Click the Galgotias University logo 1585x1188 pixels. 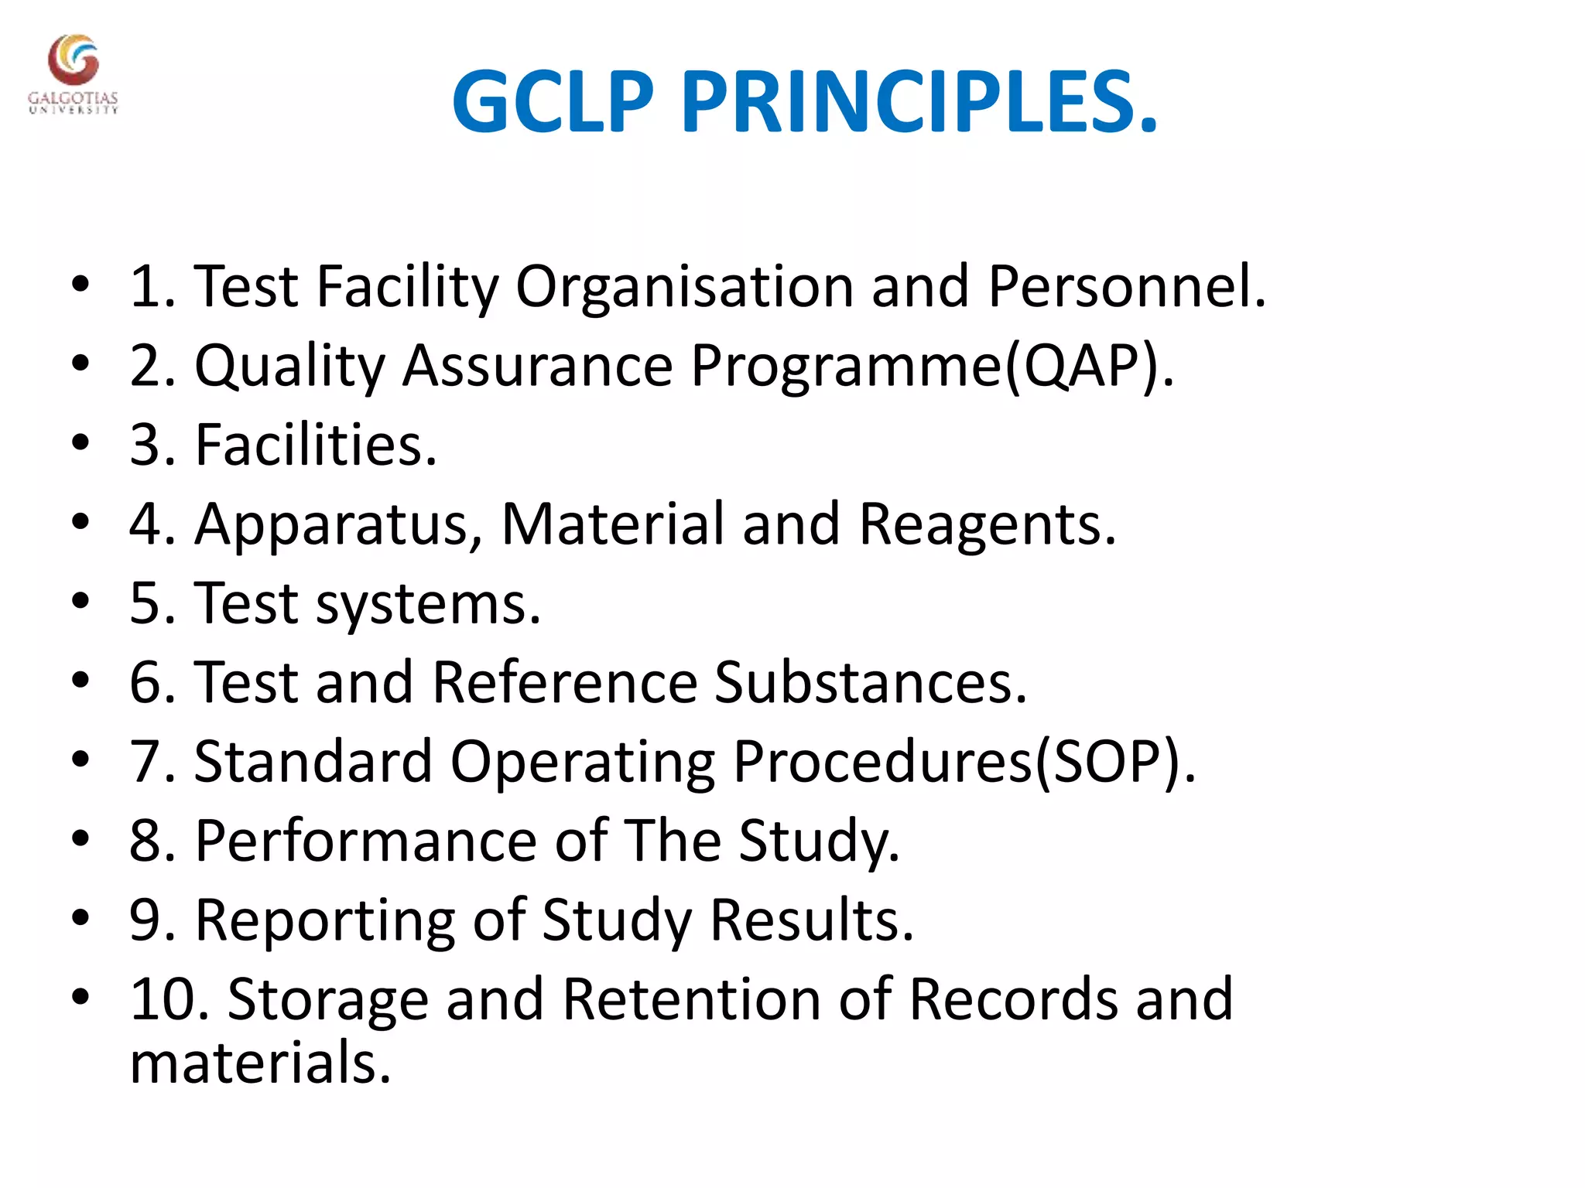[x=73, y=73]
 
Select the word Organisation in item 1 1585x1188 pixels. [x=684, y=287]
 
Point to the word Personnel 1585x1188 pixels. [x=1125, y=287]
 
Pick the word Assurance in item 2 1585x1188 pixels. [x=537, y=366]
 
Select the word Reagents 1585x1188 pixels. [x=987, y=525]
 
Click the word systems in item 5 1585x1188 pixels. [x=428, y=604]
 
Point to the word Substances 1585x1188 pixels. [x=870, y=683]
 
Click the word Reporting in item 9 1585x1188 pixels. [x=325, y=921]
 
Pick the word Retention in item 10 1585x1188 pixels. [x=692, y=999]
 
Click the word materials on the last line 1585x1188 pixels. [x=260, y=1063]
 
